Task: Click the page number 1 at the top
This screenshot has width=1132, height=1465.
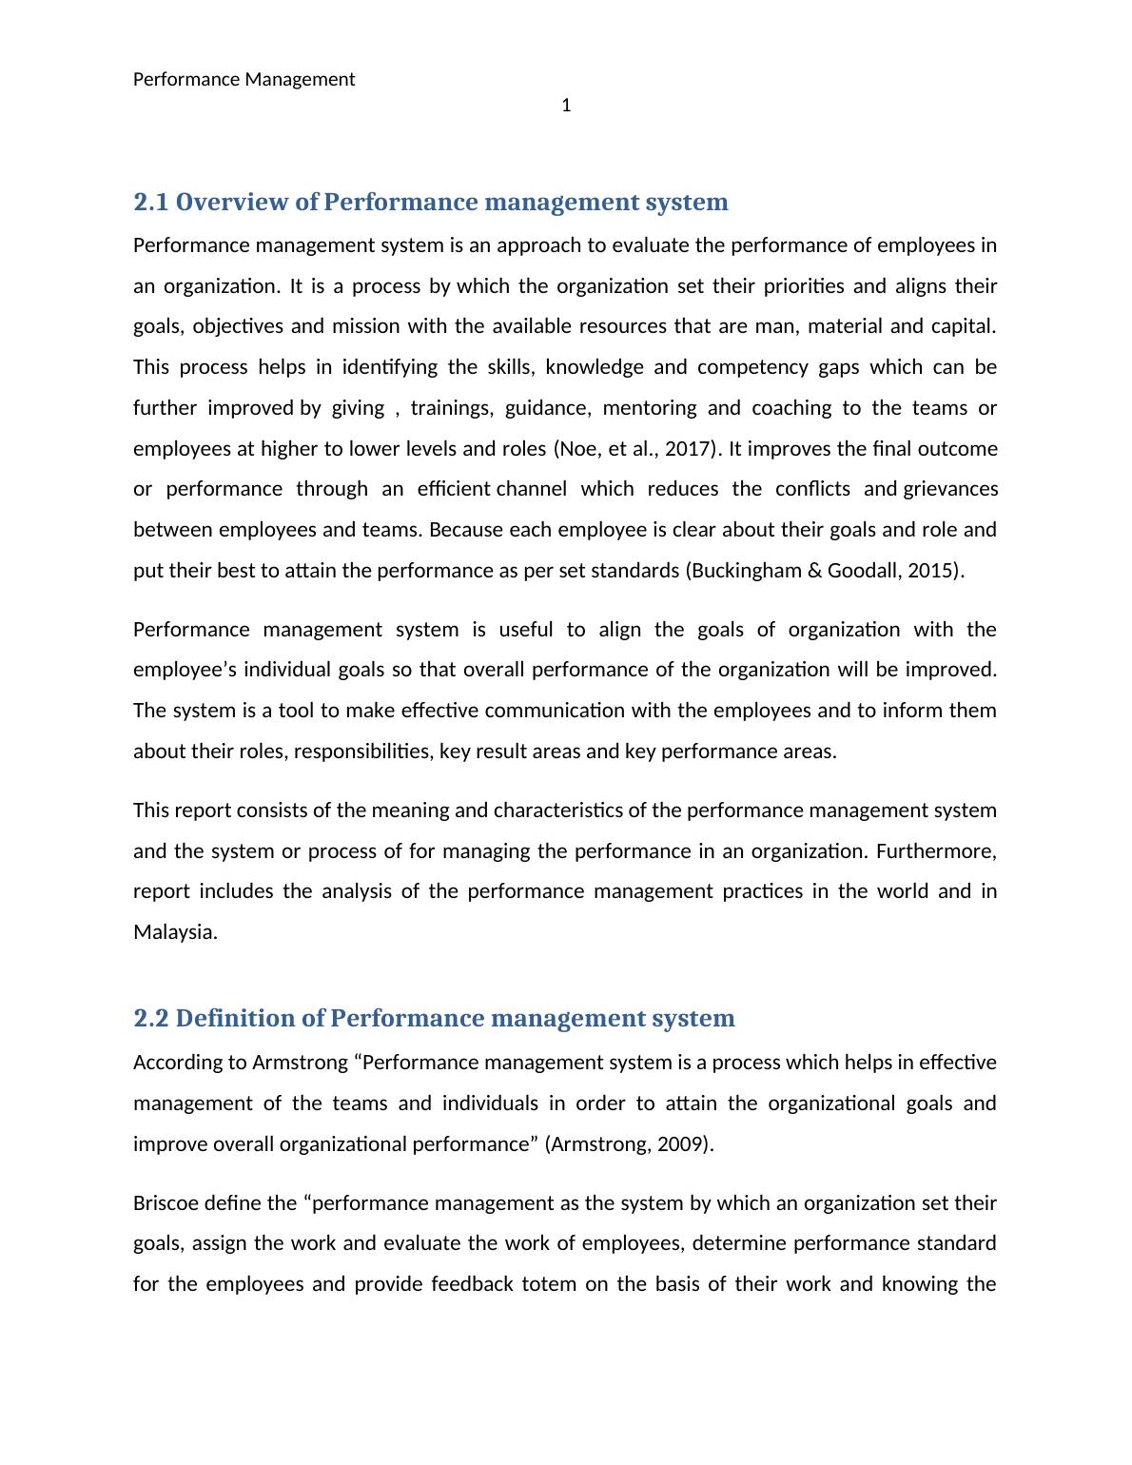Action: [566, 106]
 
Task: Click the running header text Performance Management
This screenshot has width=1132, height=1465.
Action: [244, 79]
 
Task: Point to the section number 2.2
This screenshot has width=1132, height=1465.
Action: [151, 1019]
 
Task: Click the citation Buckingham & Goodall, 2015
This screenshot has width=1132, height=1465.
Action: [824, 571]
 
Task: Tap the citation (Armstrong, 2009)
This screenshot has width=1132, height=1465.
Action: [628, 1144]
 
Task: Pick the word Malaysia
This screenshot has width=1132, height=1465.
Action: [175, 932]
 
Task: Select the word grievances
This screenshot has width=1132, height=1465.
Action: [950, 489]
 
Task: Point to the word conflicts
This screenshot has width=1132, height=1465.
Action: [812, 489]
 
